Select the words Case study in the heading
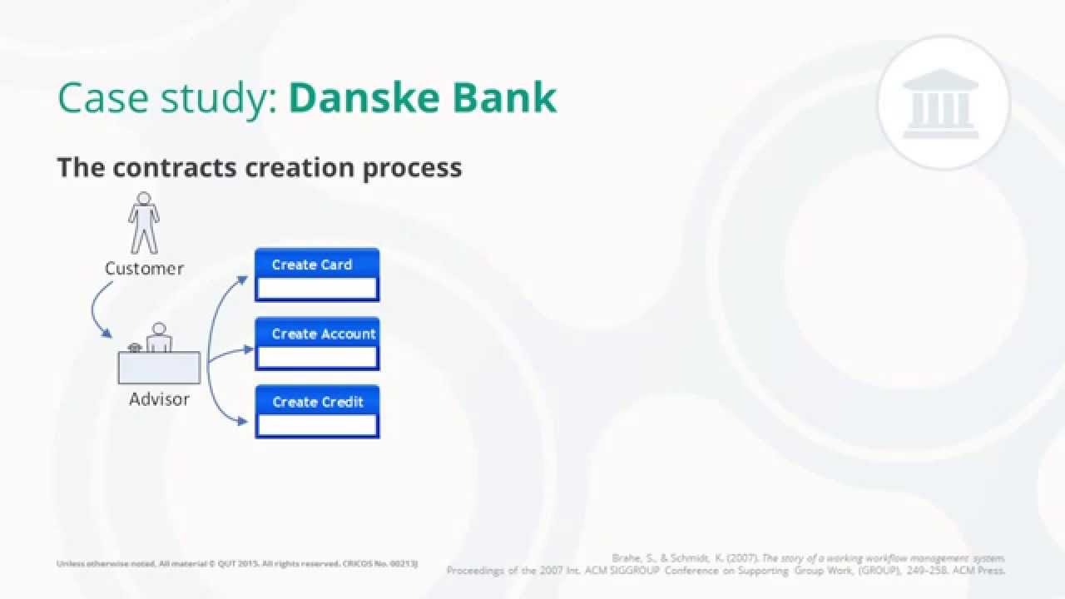click(166, 98)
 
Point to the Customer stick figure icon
click(144, 223)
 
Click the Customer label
click(144, 269)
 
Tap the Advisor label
click(159, 399)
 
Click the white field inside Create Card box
click(317, 289)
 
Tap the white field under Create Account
click(317, 358)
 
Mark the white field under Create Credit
click(317, 425)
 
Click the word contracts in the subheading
click(174, 167)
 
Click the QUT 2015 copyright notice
click(236, 564)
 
